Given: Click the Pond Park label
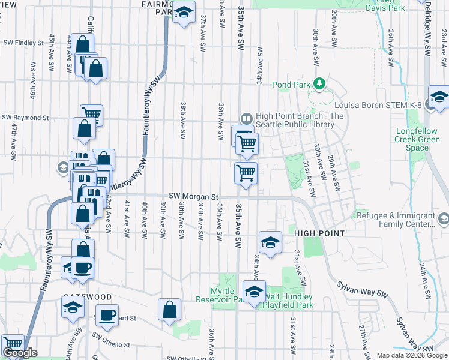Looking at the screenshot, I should pyautogui.click(x=292, y=85).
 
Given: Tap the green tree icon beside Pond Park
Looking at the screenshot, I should pyautogui.click(x=320, y=83).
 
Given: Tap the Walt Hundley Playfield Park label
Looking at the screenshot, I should pyautogui.click(x=290, y=301).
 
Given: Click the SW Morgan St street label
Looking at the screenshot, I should pyautogui.click(x=193, y=196).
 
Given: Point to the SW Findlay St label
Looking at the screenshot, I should pyautogui.click(x=23, y=43).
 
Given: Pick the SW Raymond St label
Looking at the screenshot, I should pyautogui.click(x=25, y=118).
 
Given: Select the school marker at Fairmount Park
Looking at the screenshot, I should pyautogui.click(x=184, y=11).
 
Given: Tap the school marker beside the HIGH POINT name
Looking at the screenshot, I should pyautogui.click(x=270, y=242).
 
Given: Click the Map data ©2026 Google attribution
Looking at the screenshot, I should pyautogui.click(x=411, y=355).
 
